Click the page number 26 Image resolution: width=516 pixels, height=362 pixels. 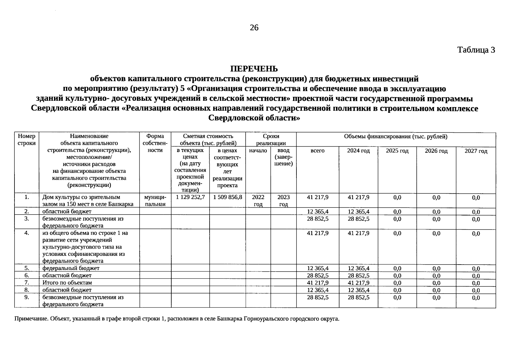point(254,28)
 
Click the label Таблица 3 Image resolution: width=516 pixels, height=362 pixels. point(476,50)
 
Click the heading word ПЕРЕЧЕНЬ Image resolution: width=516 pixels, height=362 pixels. point(254,69)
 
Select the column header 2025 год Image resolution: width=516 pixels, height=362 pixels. point(397,151)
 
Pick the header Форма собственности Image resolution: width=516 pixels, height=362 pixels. point(155,143)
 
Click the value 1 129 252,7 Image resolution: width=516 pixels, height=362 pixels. point(190,197)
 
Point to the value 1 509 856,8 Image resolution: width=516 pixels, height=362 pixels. point(227,197)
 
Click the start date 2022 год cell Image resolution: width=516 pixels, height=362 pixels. point(258,201)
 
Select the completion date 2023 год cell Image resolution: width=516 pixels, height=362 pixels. point(283,201)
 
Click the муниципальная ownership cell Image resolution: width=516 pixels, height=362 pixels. point(155,201)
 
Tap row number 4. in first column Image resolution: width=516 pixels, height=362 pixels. point(27,233)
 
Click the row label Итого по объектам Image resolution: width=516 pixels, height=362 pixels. point(67,283)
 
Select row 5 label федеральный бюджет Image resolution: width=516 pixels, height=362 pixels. point(71,268)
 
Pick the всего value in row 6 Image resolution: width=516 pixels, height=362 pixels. point(317,275)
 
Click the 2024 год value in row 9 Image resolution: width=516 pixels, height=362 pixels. point(358,297)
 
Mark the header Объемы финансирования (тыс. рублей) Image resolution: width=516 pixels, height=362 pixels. point(395,137)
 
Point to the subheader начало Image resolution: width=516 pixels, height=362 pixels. point(258,151)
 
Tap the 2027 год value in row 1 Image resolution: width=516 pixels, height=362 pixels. point(476,198)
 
